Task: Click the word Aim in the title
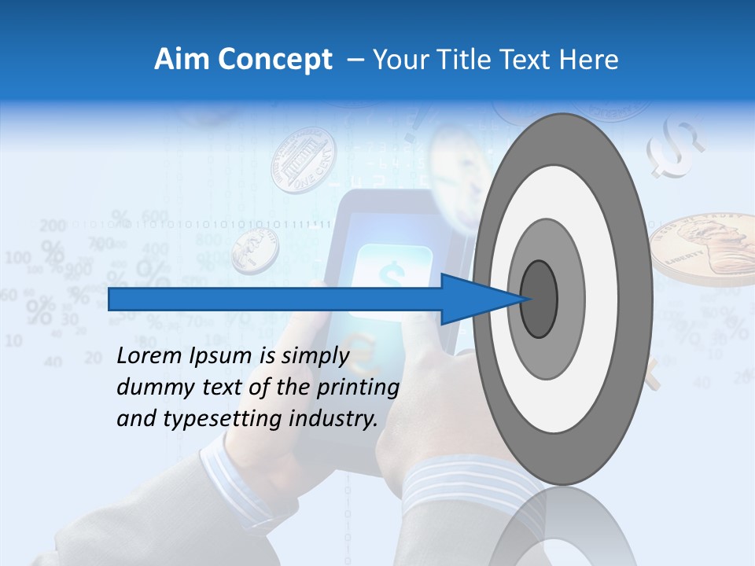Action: pyautogui.click(x=176, y=60)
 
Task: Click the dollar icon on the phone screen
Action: pyautogui.click(x=391, y=274)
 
